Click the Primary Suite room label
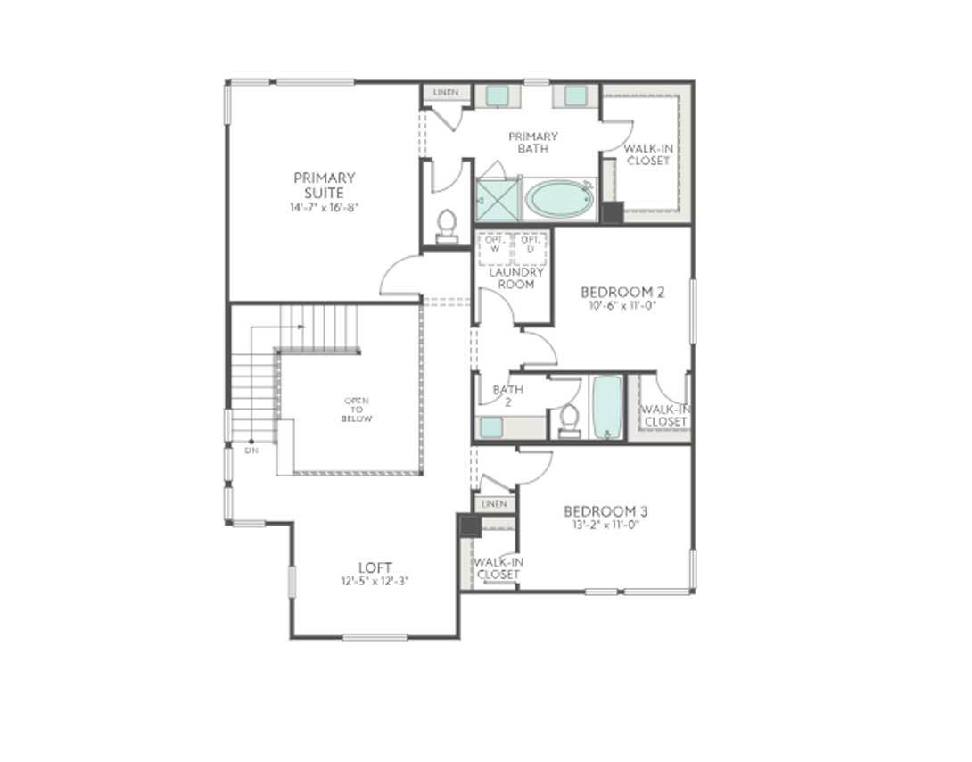click(x=324, y=185)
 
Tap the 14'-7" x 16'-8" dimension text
click(x=324, y=207)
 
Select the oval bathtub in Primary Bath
click(x=559, y=198)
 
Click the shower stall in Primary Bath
click(x=497, y=200)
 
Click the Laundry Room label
click(x=515, y=278)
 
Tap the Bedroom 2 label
click(x=622, y=292)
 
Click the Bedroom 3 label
click(x=605, y=511)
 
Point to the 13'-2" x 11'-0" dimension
click(x=605, y=525)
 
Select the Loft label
click(x=375, y=567)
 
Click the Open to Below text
click(x=356, y=410)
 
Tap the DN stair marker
click(x=251, y=451)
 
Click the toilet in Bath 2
click(x=568, y=418)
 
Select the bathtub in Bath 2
click(x=607, y=407)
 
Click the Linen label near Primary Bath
click(x=446, y=93)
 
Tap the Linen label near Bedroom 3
click(x=493, y=505)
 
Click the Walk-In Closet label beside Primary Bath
click(x=647, y=154)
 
